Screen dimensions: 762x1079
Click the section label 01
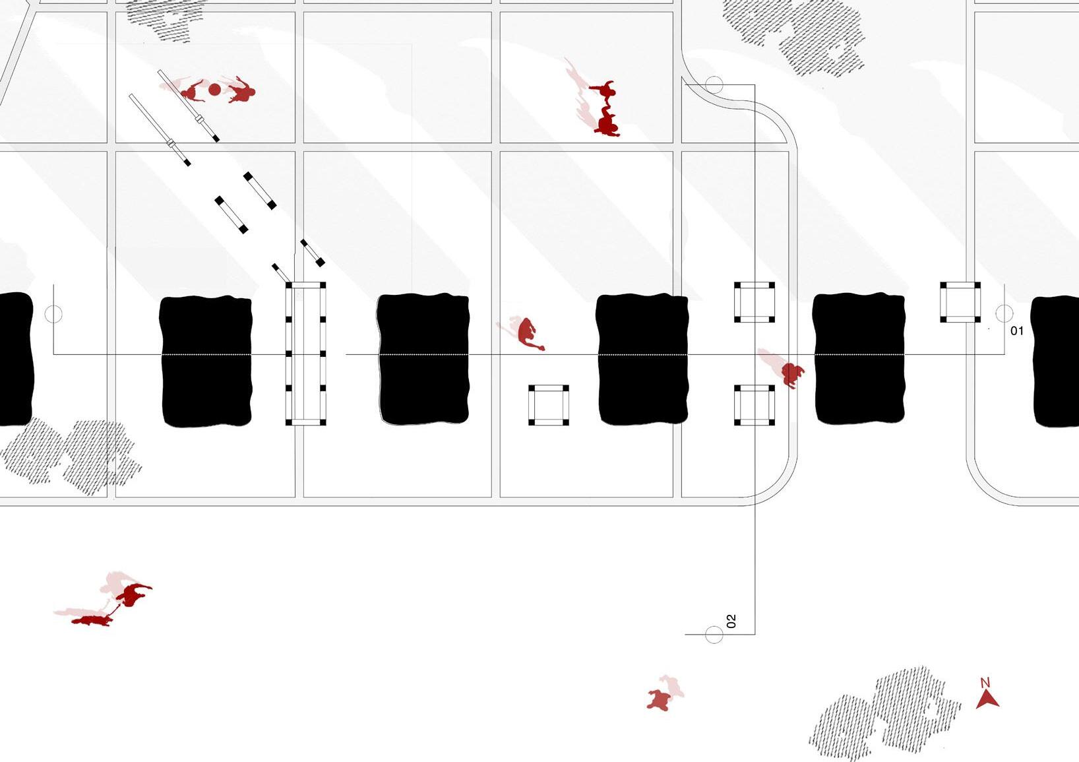(x=1016, y=331)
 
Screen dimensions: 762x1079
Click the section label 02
(x=731, y=621)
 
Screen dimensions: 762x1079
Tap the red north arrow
(x=987, y=699)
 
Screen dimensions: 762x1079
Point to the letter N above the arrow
(x=985, y=683)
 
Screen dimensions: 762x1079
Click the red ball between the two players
(x=214, y=90)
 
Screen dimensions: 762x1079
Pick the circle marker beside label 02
(x=714, y=635)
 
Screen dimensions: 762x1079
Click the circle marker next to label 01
(x=1004, y=313)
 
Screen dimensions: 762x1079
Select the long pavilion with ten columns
(x=305, y=354)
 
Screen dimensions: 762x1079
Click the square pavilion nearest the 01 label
(x=960, y=302)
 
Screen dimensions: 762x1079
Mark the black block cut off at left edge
(x=15, y=359)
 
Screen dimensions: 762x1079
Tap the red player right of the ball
(x=241, y=92)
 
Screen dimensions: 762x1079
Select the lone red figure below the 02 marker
(x=660, y=699)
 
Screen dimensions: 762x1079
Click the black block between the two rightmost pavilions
(x=859, y=358)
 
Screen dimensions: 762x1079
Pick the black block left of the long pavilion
(x=206, y=361)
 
